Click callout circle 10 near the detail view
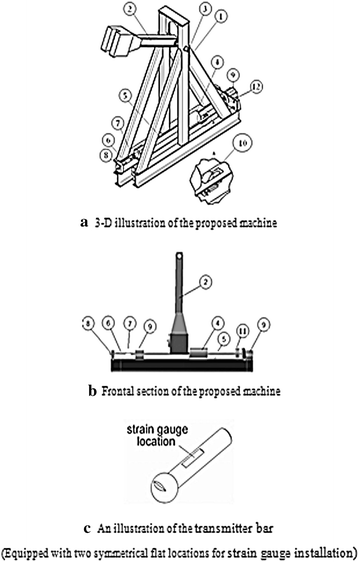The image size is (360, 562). point(242,143)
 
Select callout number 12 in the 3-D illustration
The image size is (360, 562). point(256,86)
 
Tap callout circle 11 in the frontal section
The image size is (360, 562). point(243,332)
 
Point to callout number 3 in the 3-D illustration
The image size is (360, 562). point(205,10)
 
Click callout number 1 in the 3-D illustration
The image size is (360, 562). point(222,16)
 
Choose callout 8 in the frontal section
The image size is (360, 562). point(89,324)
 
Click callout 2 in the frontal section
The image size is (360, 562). point(205,282)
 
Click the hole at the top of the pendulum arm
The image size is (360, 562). point(179,257)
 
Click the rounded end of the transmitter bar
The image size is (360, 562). point(165,488)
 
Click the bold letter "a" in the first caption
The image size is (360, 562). point(84,223)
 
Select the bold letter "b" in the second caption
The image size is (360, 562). point(93,390)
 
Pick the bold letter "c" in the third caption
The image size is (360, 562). point(87,529)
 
